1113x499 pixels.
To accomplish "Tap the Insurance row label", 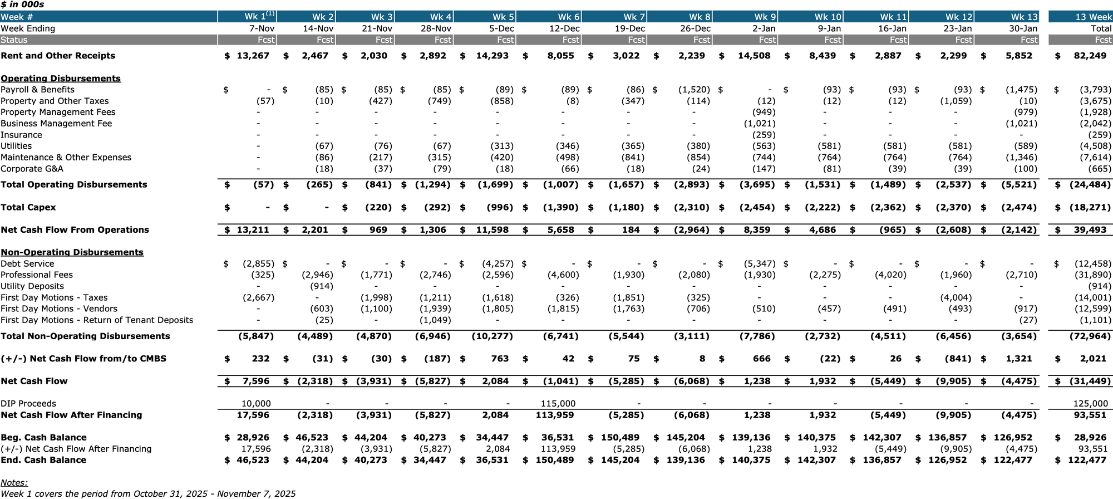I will [x=21, y=135].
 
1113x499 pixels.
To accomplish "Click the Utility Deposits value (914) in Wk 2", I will [x=321, y=286].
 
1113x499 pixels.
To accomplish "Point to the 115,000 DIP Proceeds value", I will [x=558, y=404].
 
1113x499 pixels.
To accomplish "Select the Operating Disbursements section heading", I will [x=61, y=79].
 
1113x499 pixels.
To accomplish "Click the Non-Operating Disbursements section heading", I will [x=72, y=252].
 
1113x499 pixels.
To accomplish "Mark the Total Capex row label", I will [x=28, y=207].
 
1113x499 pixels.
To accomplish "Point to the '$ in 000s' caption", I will [x=22, y=4].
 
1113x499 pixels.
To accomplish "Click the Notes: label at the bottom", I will [x=14, y=483].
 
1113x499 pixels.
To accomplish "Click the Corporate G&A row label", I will [x=32, y=169].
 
